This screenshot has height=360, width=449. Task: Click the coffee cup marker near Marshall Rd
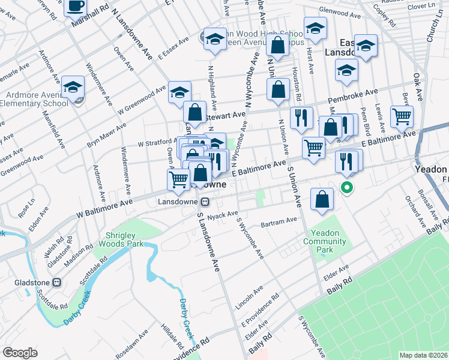click(x=75, y=7)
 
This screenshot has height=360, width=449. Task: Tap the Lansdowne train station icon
click(x=205, y=202)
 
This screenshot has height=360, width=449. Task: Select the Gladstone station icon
click(x=58, y=282)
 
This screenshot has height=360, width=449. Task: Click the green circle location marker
click(x=347, y=187)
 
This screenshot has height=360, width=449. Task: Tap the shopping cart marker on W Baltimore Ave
click(x=178, y=179)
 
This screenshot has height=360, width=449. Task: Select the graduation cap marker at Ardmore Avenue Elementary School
click(x=73, y=89)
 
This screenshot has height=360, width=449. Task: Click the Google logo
click(x=20, y=352)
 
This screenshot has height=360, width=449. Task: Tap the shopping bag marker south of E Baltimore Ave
click(x=322, y=200)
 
